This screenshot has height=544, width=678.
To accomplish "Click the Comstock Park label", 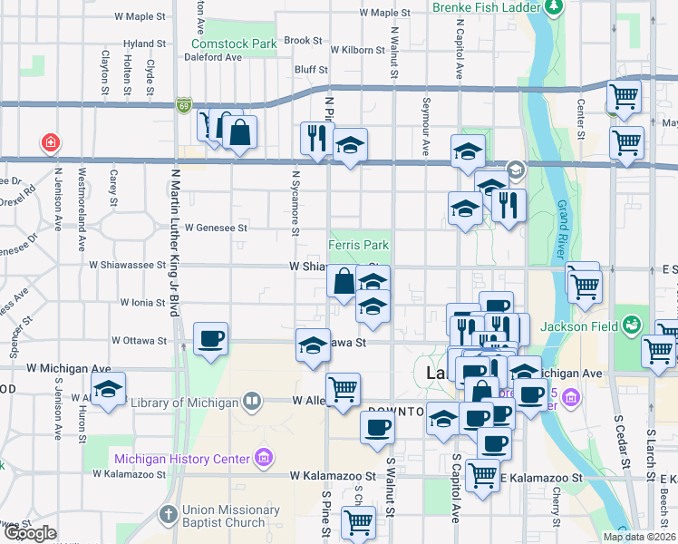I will tap(233, 44).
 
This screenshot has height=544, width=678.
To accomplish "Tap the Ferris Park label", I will tap(358, 246).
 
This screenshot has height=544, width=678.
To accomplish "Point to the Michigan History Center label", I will tap(182, 459).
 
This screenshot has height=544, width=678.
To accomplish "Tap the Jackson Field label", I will tap(578, 327).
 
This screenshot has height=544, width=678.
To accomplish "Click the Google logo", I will tap(30, 533).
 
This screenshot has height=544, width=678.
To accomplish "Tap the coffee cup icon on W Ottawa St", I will tap(210, 339).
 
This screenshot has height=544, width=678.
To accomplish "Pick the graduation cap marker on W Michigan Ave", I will tap(108, 391).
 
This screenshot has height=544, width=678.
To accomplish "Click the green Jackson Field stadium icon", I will tap(633, 324).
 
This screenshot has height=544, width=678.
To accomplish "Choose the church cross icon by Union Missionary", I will tap(168, 515).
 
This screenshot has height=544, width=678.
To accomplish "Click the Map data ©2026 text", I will tap(639, 537).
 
